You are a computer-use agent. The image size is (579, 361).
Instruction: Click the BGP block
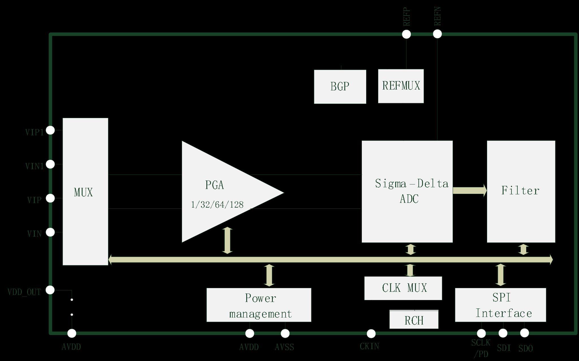(340, 87)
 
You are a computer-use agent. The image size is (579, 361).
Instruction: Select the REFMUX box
(401, 86)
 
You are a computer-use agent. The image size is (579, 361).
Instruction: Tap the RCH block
(414, 320)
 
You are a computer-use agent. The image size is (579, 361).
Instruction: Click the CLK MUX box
(403, 288)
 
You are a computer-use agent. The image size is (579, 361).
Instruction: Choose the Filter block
(521, 191)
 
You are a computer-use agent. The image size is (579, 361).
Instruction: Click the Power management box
(259, 305)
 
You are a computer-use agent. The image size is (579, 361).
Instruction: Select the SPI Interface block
(500, 305)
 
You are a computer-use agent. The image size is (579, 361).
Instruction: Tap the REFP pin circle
(406, 34)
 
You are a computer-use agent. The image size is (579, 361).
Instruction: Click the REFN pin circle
(437, 34)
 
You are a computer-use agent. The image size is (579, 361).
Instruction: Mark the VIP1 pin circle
(50, 130)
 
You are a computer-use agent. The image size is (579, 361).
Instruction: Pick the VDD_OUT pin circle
(50, 290)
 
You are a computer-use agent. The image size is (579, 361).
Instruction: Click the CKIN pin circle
(371, 334)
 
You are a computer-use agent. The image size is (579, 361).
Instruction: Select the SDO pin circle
(524, 333)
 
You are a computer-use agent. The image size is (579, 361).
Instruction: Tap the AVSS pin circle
(285, 334)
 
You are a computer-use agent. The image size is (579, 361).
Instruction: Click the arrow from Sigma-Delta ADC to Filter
(470, 190)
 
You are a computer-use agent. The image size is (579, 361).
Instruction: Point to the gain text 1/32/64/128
(217, 205)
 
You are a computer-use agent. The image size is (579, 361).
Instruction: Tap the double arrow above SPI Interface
(501, 275)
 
